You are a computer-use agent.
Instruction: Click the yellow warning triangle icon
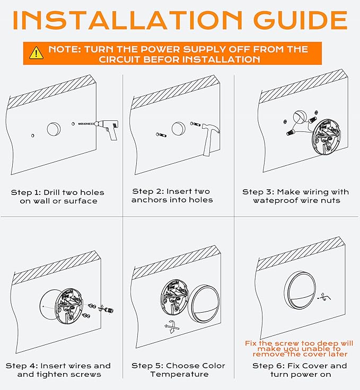(37, 53)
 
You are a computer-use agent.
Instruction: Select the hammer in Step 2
(210, 138)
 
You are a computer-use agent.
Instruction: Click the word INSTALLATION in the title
(127, 20)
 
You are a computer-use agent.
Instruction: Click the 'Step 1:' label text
(25, 192)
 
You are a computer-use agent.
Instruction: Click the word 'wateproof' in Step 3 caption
(275, 200)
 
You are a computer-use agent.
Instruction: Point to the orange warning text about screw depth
(299, 349)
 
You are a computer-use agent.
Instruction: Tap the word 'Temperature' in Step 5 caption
(179, 374)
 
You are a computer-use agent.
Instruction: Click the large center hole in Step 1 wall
(54, 129)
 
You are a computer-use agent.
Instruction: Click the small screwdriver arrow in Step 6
(324, 297)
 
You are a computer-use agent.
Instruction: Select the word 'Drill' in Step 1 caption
(52, 192)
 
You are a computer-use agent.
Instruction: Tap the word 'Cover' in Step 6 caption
(311, 366)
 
